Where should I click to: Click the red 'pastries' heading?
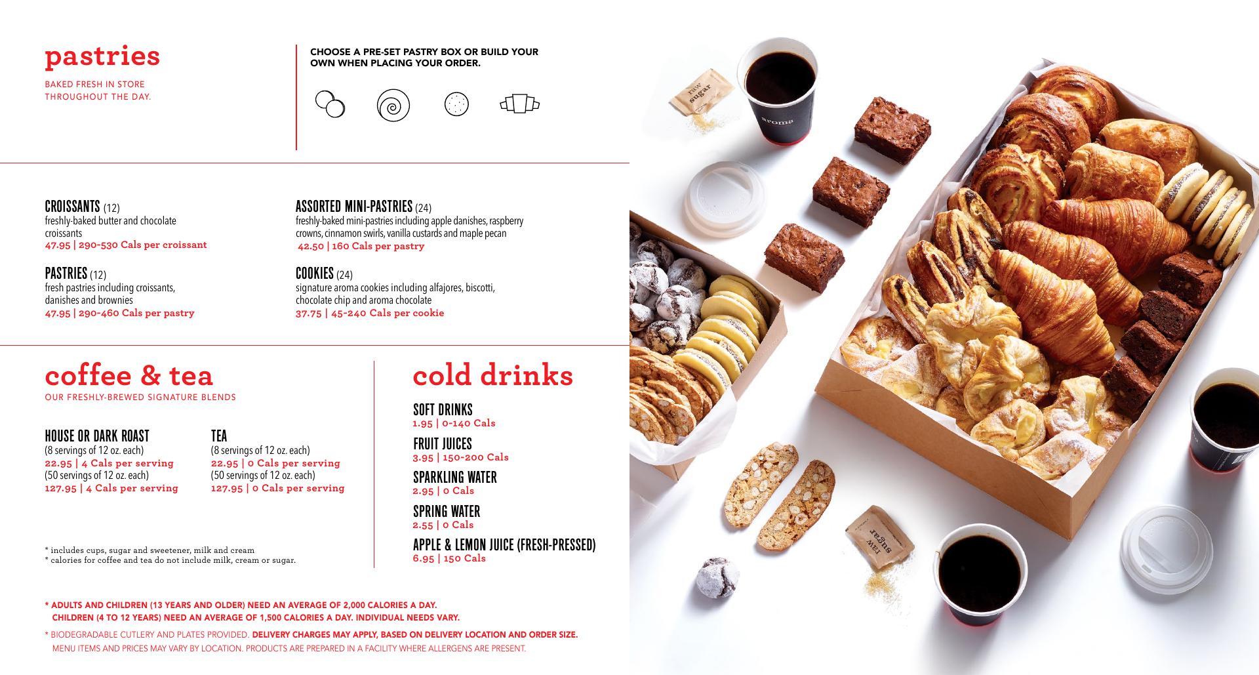tap(102, 57)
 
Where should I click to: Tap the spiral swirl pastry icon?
tap(393, 105)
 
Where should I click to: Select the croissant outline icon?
tap(519, 104)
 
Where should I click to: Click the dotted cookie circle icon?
tap(456, 104)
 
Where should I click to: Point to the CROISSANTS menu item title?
tap(72, 207)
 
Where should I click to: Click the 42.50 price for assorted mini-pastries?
tap(311, 246)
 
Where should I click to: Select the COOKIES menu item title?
tap(315, 273)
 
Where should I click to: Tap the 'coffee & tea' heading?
tap(129, 375)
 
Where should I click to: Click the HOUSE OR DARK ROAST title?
tap(97, 436)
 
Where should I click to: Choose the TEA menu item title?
tap(219, 436)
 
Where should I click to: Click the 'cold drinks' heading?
tap(493, 375)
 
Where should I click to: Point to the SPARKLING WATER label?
tap(455, 477)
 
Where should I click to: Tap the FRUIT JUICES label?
tap(443, 443)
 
